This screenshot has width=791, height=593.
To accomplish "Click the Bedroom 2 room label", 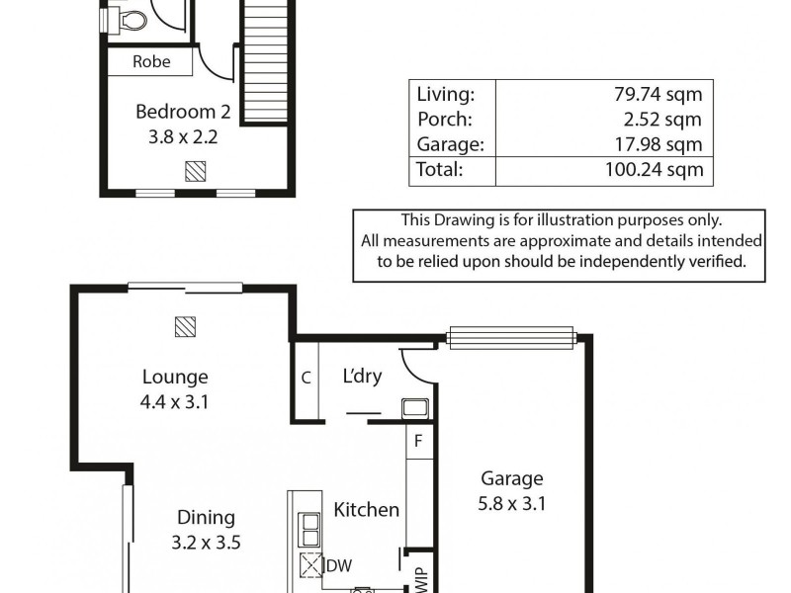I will click(177, 111).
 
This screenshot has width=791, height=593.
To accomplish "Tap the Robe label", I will click(150, 61).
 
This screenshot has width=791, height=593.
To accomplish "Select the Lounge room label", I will click(175, 377).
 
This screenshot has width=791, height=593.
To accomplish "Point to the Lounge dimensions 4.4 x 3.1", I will click(175, 402).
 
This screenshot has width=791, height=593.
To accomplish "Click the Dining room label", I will click(206, 517).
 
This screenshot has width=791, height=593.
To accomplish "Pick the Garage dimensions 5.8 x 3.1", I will click(512, 503).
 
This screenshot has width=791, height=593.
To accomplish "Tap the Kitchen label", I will click(366, 510).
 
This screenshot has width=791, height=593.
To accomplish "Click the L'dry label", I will click(362, 377).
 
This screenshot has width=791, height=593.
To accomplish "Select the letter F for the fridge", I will click(418, 442).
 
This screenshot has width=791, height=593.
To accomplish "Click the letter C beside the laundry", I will click(307, 378).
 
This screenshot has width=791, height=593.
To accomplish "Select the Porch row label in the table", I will click(444, 120).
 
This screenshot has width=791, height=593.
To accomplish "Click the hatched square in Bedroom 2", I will click(196, 170).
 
